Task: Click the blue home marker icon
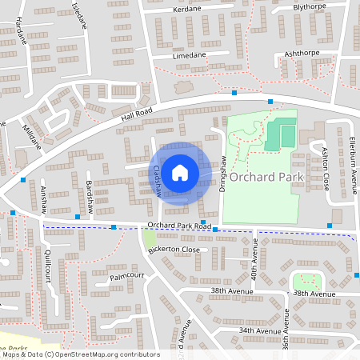(180, 172)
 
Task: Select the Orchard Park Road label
(179, 226)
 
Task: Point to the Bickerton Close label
(174, 250)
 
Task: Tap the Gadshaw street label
(157, 181)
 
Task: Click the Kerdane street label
(186, 10)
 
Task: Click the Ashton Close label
(326, 168)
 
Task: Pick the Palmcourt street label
(126, 275)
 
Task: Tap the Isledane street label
(79, 15)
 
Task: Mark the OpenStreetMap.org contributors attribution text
(106, 354)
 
